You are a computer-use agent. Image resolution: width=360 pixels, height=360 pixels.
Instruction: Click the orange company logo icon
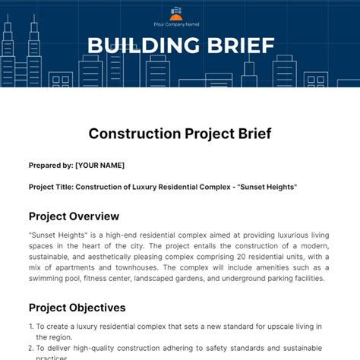pos(176,12)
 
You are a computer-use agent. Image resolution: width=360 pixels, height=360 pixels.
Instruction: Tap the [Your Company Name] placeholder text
pos(175,24)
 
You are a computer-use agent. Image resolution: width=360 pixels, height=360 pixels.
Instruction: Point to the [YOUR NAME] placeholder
pos(100,165)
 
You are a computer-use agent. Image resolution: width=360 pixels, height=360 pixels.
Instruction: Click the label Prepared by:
pos(51,165)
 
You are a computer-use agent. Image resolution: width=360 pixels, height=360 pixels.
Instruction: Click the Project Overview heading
pos(74,216)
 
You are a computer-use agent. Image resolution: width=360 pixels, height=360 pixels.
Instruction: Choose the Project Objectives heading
pos(77,308)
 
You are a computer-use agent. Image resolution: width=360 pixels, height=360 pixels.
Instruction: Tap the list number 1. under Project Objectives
pos(31,327)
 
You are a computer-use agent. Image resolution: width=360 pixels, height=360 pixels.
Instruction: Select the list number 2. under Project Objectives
pos(31,348)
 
